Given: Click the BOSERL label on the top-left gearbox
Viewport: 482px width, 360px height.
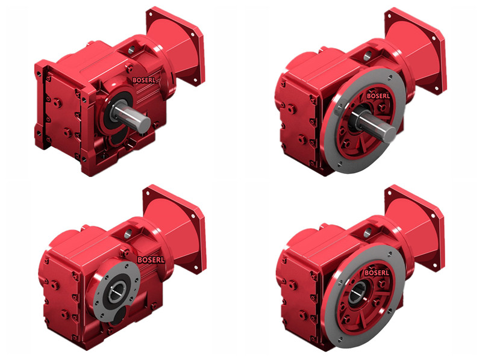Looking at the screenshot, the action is pos(144,80).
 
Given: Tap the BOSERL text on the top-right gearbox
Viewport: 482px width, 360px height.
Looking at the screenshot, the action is pos(378,96).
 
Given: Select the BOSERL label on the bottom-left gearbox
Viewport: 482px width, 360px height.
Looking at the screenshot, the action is pos(151,260).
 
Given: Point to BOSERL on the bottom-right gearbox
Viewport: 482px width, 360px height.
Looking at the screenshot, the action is pos(377,273).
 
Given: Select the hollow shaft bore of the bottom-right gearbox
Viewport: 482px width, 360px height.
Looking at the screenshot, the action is pos(357,293).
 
